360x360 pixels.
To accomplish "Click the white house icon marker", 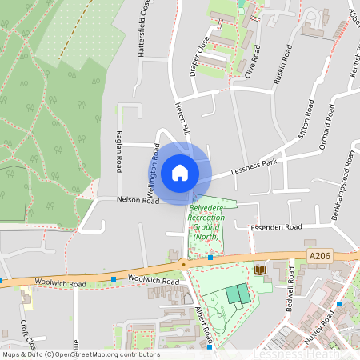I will point(180,173).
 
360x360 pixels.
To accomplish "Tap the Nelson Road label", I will point(138,200).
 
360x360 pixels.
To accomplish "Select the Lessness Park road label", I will point(253,166).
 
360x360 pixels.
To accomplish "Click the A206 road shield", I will point(319,255).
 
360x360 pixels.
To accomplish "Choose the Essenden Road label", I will point(277,228).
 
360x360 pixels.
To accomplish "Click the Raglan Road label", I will point(118,152).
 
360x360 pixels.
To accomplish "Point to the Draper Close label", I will point(199,55).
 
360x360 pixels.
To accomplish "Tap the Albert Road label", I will point(203,322).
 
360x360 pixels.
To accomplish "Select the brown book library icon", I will point(259,271).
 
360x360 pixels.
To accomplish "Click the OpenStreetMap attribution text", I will point(80,354).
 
